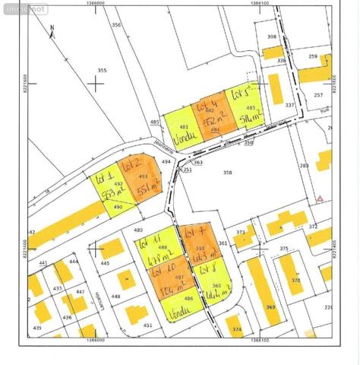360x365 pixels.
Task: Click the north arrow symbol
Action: pos(52,31)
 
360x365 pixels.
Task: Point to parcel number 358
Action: pos(226,173)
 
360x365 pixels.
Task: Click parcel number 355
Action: pos(102,71)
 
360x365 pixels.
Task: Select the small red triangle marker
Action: pos(320,198)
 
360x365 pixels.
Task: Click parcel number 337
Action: pos(289,105)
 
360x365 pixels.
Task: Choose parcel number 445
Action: pos(105,264)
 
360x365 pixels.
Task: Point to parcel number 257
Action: pos(318,95)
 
